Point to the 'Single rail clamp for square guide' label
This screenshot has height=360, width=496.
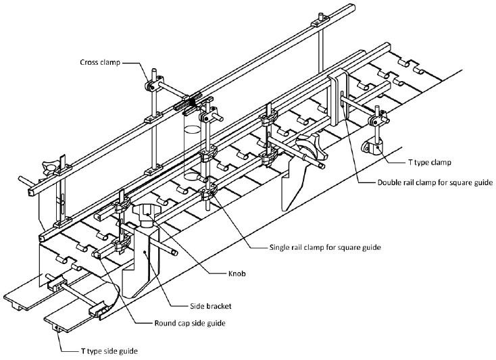point(316,248)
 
